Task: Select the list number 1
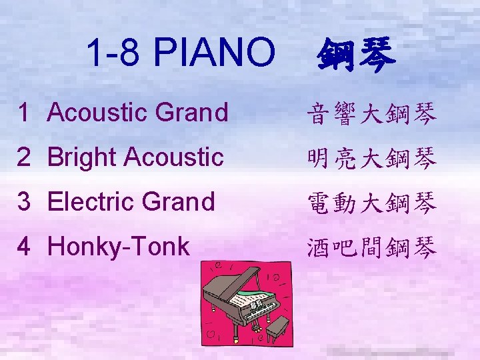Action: [24, 113]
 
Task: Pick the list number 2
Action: [24, 157]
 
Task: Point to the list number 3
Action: [24, 202]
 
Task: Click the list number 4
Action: [24, 247]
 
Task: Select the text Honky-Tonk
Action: [119, 247]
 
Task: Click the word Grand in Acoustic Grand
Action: [192, 113]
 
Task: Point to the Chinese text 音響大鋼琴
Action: [372, 114]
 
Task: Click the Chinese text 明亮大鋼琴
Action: [372, 159]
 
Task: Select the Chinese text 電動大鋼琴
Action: [372, 203]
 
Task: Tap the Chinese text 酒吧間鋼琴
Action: [372, 248]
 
